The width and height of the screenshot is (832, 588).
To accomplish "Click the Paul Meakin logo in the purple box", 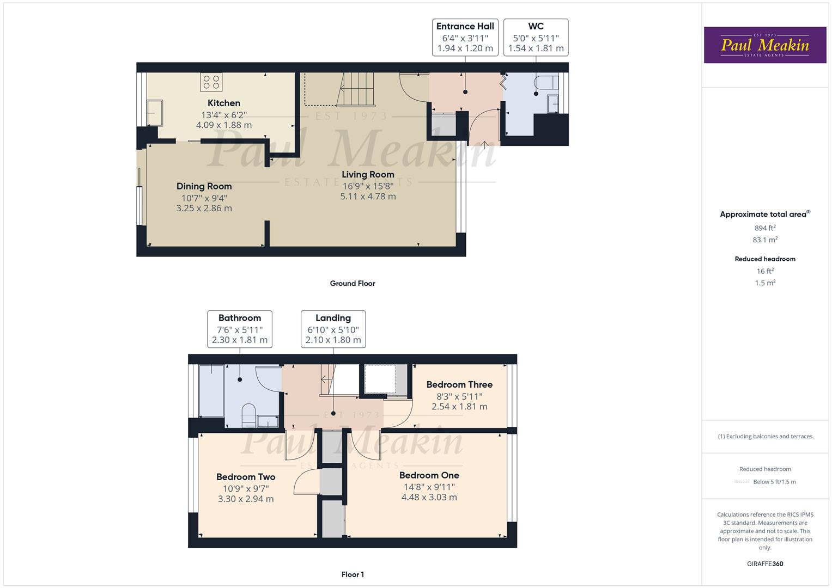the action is (765, 45).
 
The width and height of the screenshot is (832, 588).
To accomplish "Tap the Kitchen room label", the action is (224, 103).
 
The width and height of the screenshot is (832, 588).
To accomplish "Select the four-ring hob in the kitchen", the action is (211, 82).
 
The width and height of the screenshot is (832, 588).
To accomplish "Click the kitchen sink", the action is (155, 113).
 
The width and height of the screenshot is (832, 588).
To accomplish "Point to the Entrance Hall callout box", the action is (465, 38).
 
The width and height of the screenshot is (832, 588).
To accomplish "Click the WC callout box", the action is (536, 38).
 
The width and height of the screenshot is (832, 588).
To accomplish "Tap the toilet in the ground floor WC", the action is (546, 82).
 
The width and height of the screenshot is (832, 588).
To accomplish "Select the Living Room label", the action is (368, 174).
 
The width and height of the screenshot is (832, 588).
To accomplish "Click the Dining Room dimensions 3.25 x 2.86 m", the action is (204, 208).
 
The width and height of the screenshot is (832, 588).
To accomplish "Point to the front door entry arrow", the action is (484, 145).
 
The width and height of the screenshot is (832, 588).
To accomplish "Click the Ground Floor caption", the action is (353, 283).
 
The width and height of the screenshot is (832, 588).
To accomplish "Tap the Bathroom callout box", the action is (240, 329).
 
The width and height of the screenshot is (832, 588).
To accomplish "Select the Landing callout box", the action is (333, 329).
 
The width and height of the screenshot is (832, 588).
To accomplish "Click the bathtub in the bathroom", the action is (212, 391).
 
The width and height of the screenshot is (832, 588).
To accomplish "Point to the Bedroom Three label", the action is (459, 384).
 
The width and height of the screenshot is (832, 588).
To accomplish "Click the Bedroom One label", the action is (429, 475).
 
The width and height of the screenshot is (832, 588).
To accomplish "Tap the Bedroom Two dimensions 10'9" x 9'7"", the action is (246, 488).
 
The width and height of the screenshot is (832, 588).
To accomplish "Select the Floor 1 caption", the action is (353, 574).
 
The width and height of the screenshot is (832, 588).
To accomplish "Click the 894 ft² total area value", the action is (765, 228).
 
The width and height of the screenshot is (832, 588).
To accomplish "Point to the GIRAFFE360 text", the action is (765, 564).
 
